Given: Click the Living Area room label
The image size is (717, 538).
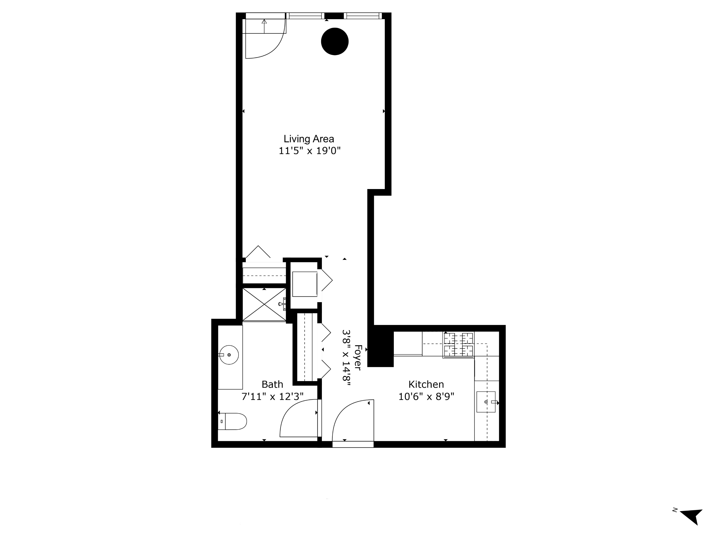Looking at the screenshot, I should click(x=308, y=139).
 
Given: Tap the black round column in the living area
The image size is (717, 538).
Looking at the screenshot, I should click(x=335, y=42).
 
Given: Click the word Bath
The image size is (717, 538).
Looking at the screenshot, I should click(x=272, y=384).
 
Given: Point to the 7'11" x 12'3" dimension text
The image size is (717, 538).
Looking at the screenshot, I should click(x=272, y=397).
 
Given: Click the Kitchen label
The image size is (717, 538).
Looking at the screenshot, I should click(x=426, y=384).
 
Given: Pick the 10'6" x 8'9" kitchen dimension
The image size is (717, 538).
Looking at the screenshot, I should click(x=426, y=397).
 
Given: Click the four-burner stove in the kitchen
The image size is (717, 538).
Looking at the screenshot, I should click(x=458, y=345).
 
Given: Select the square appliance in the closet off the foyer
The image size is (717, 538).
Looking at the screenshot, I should click(x=304, y=284).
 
